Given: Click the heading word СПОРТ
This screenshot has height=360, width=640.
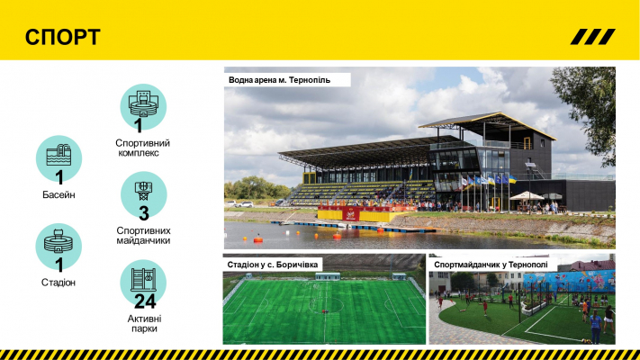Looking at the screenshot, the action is pos(62,37).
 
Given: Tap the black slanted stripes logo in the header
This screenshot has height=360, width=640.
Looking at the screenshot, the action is pos(592,37).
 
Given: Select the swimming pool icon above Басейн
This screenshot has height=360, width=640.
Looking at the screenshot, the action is pos(59,155).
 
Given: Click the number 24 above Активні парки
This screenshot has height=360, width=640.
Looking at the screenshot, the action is pos(145,301).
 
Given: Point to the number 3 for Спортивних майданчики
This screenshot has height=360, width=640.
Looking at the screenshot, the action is pos(144,213).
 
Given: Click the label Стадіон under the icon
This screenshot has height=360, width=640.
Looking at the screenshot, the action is pos(59,283).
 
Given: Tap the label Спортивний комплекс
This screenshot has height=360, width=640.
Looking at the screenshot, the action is pos(142,148).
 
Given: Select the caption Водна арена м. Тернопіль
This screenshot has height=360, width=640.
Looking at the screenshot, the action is pos(279,80).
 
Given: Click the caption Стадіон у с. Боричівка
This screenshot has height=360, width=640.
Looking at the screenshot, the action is pos(272,265).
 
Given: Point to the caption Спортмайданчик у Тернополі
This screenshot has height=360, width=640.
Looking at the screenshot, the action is pos(491,265).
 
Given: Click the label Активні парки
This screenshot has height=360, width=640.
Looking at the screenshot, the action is pos(144,323).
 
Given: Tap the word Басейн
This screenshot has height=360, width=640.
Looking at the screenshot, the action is pos(59,194).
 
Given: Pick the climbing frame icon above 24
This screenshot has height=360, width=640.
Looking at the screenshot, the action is pos(143,280).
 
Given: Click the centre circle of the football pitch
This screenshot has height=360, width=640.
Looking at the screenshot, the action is pos(325,304).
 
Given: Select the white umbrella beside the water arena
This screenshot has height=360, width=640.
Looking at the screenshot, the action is pos(527,196).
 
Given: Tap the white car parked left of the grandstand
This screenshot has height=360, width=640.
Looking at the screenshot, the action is pos(245,204).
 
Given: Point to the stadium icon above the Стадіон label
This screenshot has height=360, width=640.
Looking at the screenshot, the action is pos(59,241).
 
